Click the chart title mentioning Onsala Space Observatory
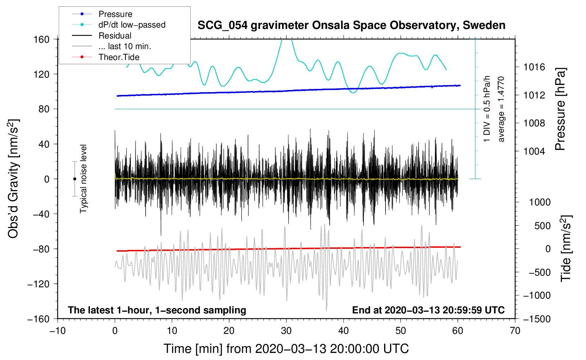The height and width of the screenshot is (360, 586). tap(351, 25)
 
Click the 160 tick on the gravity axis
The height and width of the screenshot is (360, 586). tap(41, 40)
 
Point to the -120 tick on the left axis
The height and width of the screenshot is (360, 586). tap(38, 284)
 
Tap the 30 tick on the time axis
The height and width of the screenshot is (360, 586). tap(286, 331)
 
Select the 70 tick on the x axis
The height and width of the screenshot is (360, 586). tap(515, 331)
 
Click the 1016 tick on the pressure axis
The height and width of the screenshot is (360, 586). tap(534, 67)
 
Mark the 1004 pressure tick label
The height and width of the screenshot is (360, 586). tap(534, 151)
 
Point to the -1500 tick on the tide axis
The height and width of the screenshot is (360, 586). tap(537, 319)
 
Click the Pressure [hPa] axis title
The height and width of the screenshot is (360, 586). tap(560, 109)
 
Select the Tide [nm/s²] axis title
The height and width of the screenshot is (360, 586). tap(566, 248)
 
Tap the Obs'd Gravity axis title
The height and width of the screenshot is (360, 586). tap(13, 179)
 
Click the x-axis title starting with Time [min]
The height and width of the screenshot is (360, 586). tap(286, 349)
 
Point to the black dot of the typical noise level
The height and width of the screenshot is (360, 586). tap(74, 179)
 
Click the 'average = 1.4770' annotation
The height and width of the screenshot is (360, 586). tap(501, 109)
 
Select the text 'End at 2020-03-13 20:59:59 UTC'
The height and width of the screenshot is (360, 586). tap(428, 310)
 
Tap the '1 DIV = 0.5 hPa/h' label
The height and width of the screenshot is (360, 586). tap(486, 109)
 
